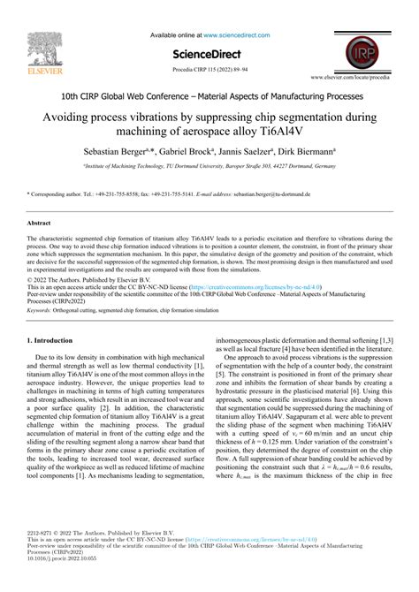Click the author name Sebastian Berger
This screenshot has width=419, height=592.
[118, 151]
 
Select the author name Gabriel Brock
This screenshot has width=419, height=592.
[182, 151]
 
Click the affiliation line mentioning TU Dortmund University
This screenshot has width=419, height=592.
[209, 164]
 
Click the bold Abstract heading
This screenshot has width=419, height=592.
[39, 224]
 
